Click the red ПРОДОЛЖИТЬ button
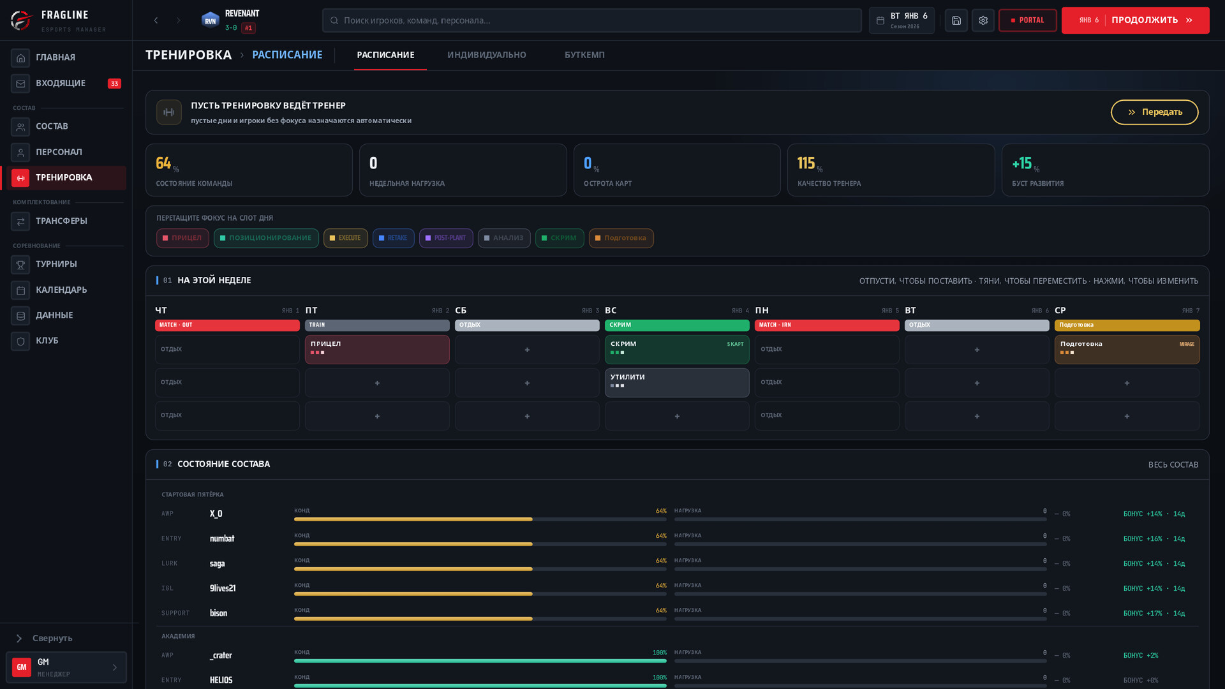pos(1135,20)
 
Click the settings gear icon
pos(983,20)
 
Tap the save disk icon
pos(956,20)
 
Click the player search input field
pos(591,20)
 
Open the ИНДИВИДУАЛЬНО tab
pos(487,55)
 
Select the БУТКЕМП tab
pos(584,55)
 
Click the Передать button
pos(1154,112)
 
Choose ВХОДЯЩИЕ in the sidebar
pos(66,84)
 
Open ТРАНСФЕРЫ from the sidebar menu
pos(66,221)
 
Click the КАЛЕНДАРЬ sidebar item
pos(66,290)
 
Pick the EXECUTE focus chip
pos(345,238)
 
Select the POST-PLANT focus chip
pos(446,238)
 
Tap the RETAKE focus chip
pos(393,238)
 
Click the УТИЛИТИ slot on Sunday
pos(677,383)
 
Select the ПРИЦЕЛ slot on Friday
pos(377,350)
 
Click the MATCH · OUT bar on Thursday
pos(227,325)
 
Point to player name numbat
pos(222,539)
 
